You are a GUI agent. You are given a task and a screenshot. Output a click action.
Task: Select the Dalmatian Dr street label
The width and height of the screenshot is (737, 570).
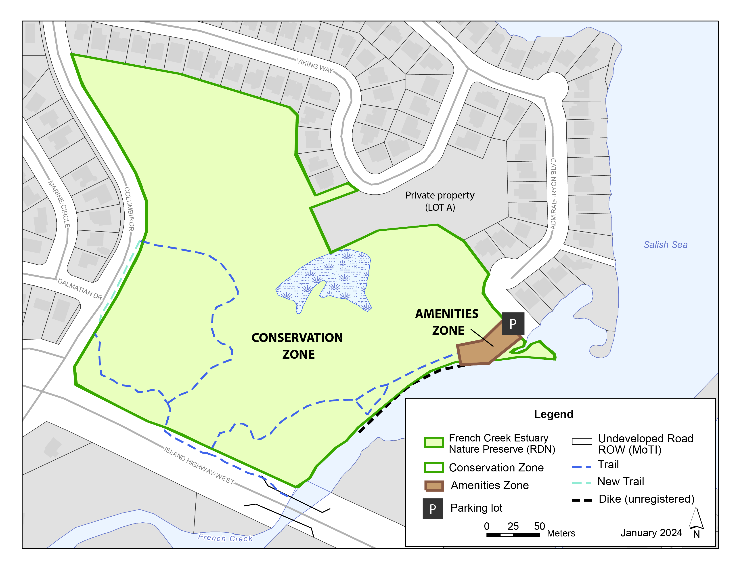[x=80, y=289]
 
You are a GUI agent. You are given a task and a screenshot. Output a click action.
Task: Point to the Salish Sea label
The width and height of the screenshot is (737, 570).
[x=665, y=245]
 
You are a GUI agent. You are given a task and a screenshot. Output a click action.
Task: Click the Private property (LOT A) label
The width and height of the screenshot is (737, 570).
[x=440, y=201]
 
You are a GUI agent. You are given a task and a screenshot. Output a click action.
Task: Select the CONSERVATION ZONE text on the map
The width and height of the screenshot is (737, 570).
[x=297, y=346]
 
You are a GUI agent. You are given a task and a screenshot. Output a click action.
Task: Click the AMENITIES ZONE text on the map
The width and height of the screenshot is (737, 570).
[x=447, y=322]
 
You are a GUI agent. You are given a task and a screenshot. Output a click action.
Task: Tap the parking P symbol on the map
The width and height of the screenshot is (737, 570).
[x=513, y=323]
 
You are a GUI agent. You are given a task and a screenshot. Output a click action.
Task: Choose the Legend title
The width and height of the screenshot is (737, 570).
[x=553, y=414]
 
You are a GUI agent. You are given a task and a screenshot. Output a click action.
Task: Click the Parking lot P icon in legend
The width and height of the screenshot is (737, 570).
[x=433, y=509]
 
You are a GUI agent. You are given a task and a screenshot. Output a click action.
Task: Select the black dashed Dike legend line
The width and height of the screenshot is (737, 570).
[x=582, y=500]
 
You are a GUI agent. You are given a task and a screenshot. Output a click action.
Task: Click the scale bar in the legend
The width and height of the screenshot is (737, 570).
[x=513, y=534]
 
